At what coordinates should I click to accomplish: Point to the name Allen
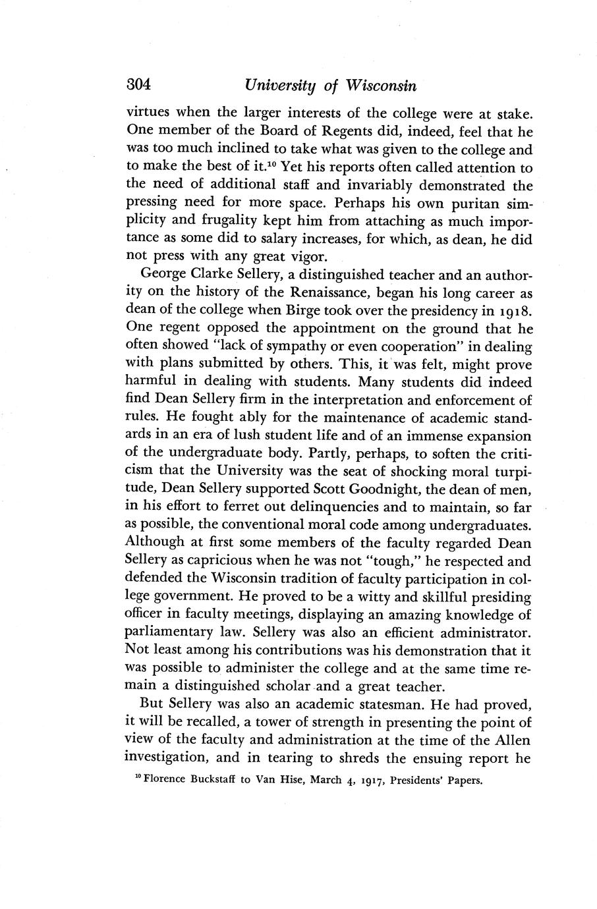[512, 740]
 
